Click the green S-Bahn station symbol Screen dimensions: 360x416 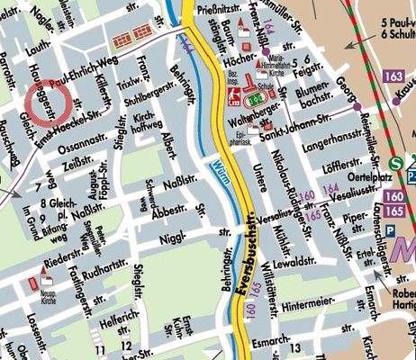[x=397, y=164]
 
